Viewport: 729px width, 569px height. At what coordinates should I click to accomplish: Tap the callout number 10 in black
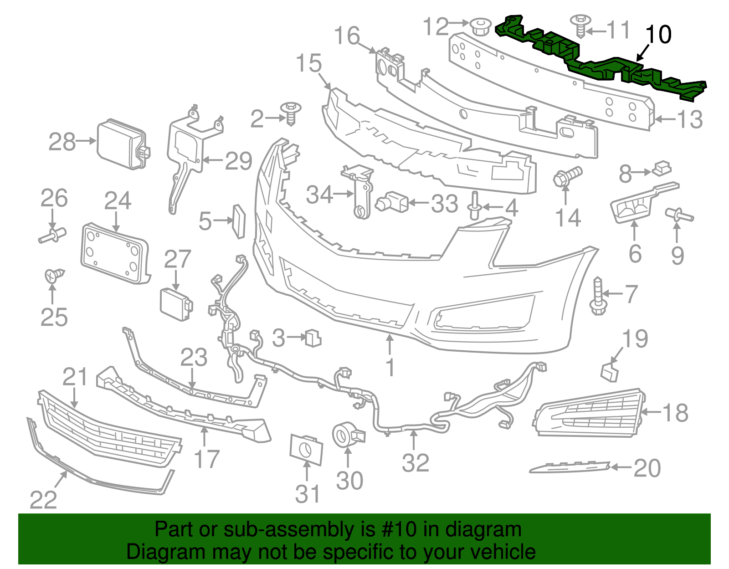point(658,35)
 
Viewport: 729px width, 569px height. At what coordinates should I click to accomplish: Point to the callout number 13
point(690,120)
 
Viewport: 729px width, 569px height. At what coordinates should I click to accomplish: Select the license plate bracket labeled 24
point(115,253)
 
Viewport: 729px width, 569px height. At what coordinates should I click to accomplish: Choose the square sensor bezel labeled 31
point(306,449)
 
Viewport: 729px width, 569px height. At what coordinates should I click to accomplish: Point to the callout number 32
point(415,463)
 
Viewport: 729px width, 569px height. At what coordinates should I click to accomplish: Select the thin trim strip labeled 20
point(570,467)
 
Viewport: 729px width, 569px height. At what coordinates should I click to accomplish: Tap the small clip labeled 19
point(610,372)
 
